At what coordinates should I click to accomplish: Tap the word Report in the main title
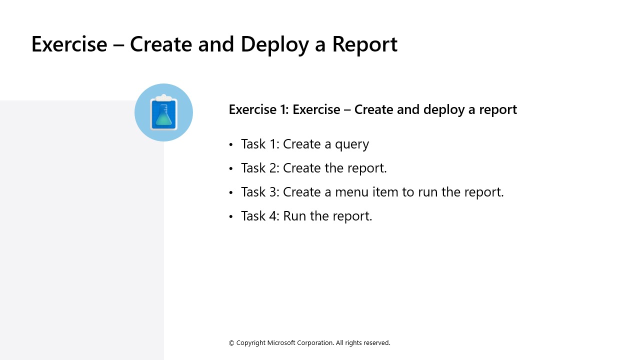click(x=364, y=44)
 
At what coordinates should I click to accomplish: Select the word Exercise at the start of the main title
click(x=69, y=44)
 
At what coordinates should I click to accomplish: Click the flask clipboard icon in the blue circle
click(x=163, y=112)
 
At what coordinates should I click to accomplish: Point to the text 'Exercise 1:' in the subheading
click(x=258, y=109)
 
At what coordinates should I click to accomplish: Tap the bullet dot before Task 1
click(x=231, y=144)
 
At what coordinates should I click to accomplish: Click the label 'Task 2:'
click(x=260, y=168)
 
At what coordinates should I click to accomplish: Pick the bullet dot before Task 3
click(x=231, y=192)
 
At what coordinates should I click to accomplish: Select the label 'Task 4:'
click(x=260, y=216)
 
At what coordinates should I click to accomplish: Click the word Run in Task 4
click(x=294, y=216)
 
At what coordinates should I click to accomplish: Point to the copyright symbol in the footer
click(x=231, y=343)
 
